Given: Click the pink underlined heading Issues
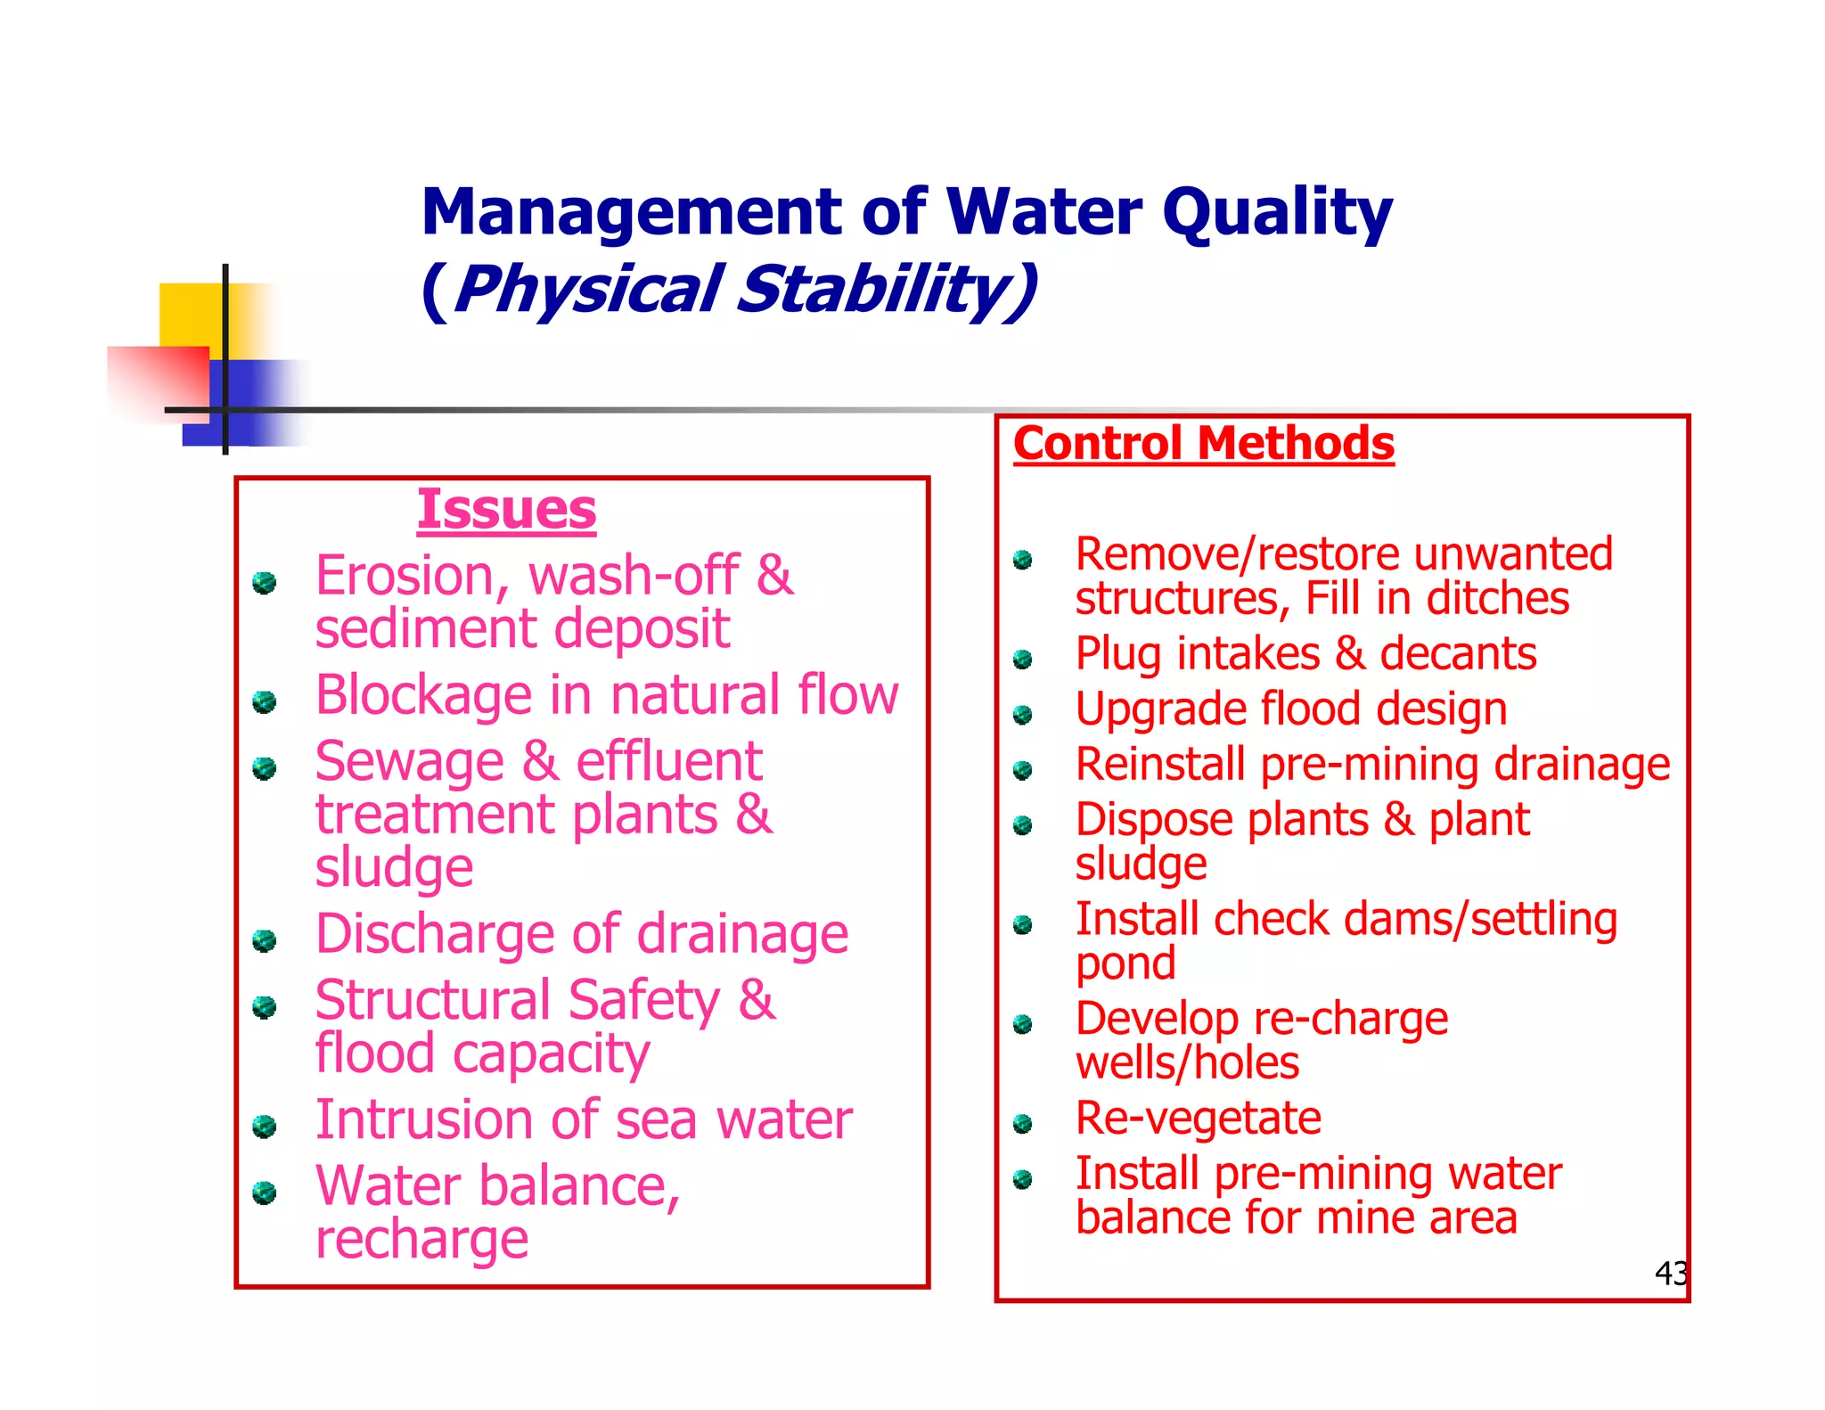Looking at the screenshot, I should click(506, 510).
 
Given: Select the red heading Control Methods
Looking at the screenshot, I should click(1203, 444).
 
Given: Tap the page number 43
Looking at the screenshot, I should click(1671, 1273).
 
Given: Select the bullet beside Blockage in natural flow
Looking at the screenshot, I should click(264, 702).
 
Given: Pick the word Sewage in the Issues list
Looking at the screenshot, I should click(410, 763).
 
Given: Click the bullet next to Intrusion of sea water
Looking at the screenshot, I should click(264, 1127).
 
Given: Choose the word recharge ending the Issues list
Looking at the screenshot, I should click(421, 1240).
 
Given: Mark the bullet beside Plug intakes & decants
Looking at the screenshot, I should click(1023, 660).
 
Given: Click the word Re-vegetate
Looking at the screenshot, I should click(1198, 1119).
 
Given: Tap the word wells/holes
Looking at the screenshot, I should click(1187, 1063).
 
